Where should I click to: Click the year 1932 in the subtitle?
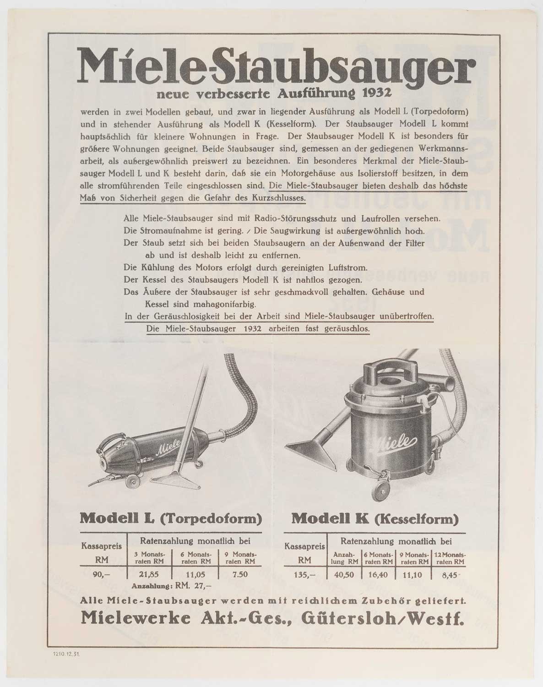[x=377, y=94]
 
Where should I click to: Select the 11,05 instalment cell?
[x=195, y=575]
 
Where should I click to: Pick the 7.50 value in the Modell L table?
[x=240, y=575]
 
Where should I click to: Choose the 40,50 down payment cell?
[x=344, y=575]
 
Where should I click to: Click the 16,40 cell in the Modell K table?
[x=379, y=575]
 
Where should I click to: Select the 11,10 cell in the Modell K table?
[x=413, y=575]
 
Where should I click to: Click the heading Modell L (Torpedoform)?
[x=171, y=519]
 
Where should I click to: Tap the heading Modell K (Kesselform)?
[x=375, y=519]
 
